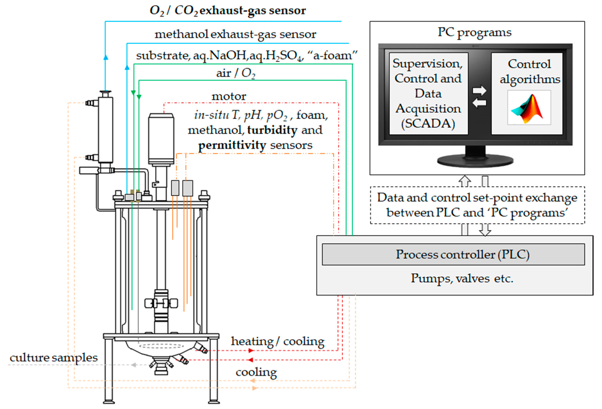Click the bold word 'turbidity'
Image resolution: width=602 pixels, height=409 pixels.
272,130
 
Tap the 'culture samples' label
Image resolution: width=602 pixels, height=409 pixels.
54,358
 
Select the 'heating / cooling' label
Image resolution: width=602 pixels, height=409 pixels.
277,341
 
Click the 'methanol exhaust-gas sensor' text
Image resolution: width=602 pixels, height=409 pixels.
235,34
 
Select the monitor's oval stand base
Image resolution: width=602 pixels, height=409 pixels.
475,161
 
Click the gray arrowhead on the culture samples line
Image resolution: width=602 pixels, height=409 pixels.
134,365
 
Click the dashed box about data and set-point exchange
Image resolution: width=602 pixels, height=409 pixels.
477,205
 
